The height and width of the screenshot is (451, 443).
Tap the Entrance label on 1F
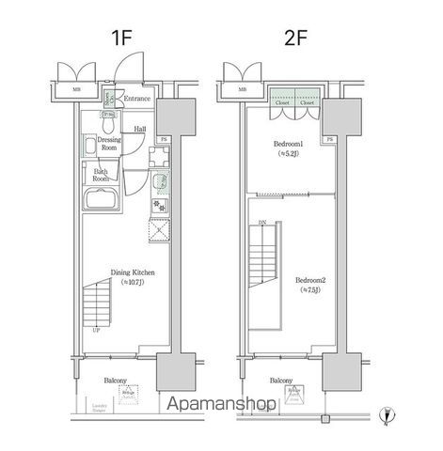pos(137,98)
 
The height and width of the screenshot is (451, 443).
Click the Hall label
pos(138,130)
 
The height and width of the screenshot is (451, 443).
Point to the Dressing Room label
pos(109,144)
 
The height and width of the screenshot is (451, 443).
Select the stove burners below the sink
pos(156,205)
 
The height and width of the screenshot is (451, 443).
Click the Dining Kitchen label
pos(132,273)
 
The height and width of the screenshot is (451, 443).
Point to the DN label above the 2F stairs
pos(262,222)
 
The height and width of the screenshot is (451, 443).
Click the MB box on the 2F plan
pos(243,90)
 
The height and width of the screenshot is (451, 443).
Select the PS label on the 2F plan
pos(329,140)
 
